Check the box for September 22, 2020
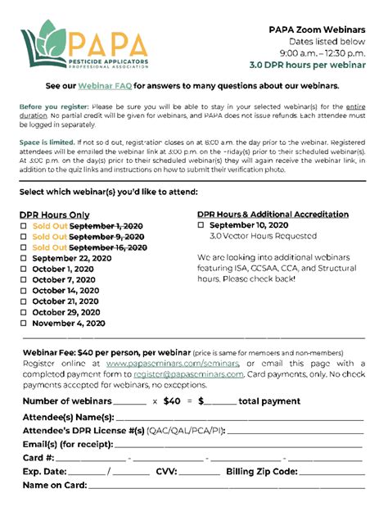24,258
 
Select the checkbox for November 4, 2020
24,324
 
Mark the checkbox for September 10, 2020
201,225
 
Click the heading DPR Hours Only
55,215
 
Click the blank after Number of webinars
130,401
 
